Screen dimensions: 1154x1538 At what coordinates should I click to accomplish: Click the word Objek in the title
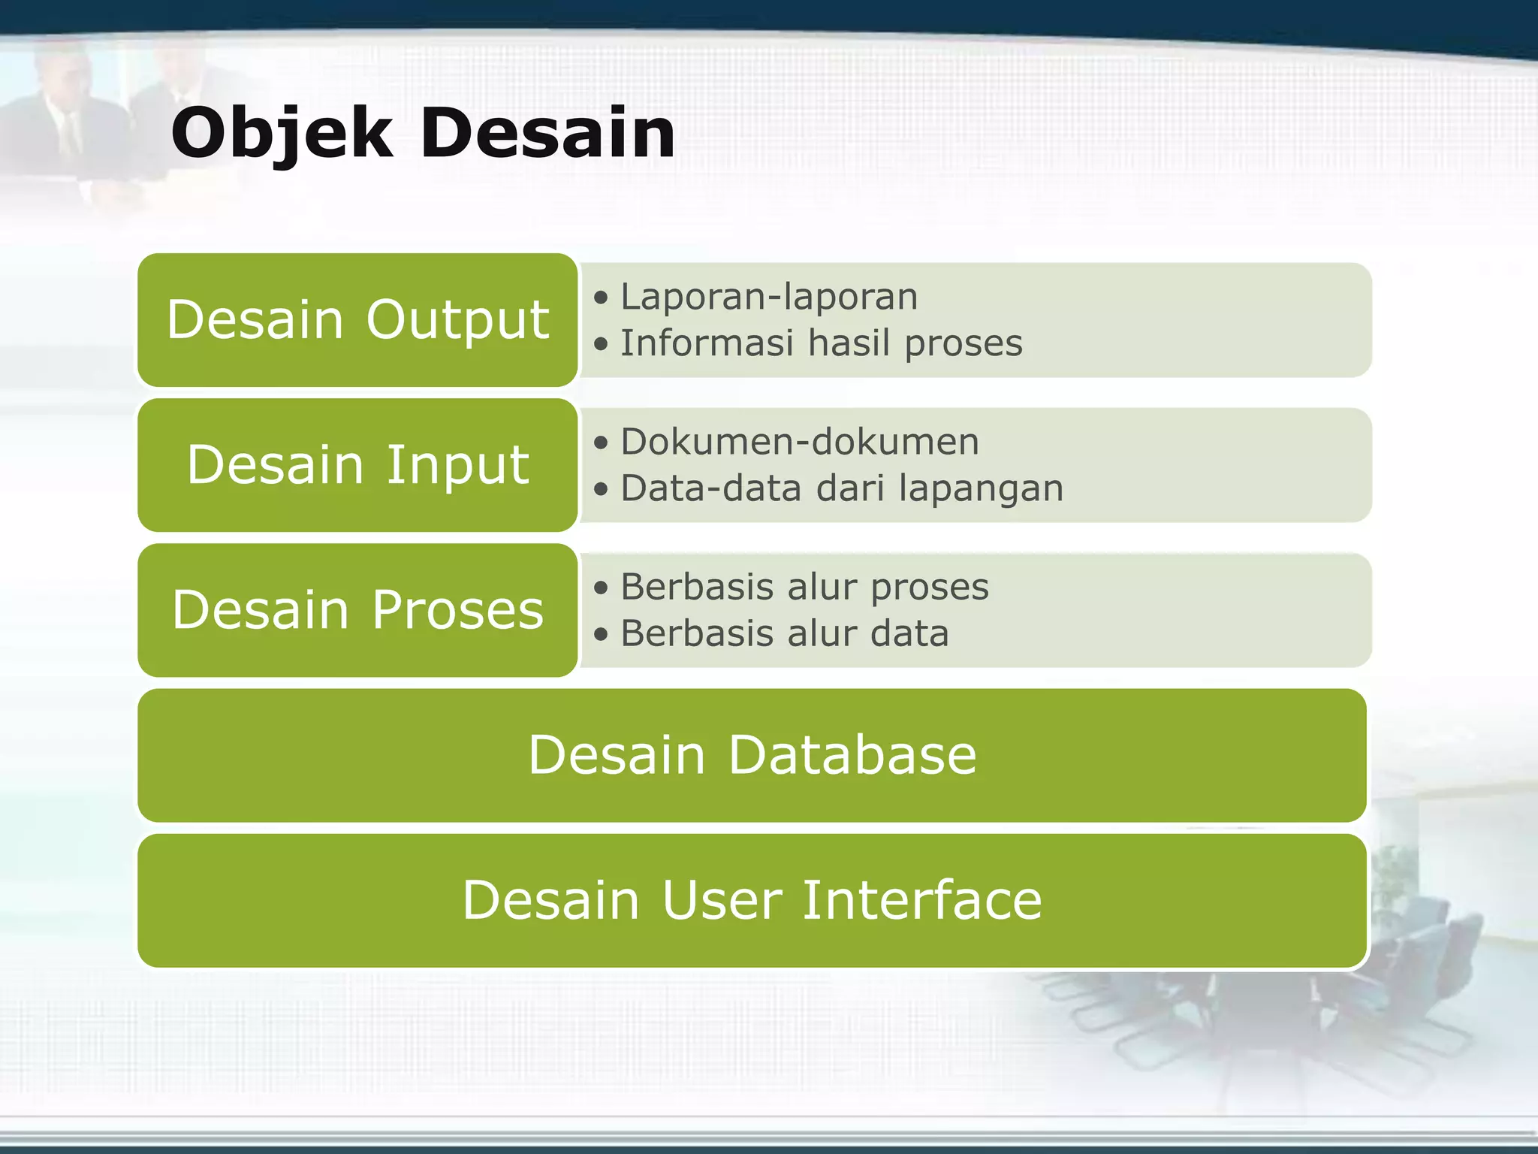282,134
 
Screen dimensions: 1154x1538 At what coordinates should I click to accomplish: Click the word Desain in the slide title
548,134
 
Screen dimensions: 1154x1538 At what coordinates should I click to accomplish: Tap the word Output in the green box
457,320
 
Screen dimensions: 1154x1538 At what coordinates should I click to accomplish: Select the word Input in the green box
457,465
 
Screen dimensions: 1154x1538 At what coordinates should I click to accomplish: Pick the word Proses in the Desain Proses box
457,610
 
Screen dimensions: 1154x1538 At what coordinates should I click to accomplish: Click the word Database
852,755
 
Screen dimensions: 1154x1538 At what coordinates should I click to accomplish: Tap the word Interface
922,900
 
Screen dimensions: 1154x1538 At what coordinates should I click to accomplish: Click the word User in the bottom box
722,900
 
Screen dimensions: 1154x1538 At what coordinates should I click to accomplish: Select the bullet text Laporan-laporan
769,297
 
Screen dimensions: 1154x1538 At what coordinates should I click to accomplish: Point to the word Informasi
707,343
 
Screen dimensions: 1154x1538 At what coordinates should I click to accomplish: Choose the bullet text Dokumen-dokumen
800,442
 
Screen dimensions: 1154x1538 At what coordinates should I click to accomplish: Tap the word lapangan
981,488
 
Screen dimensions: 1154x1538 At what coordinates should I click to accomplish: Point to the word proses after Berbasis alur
930,587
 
